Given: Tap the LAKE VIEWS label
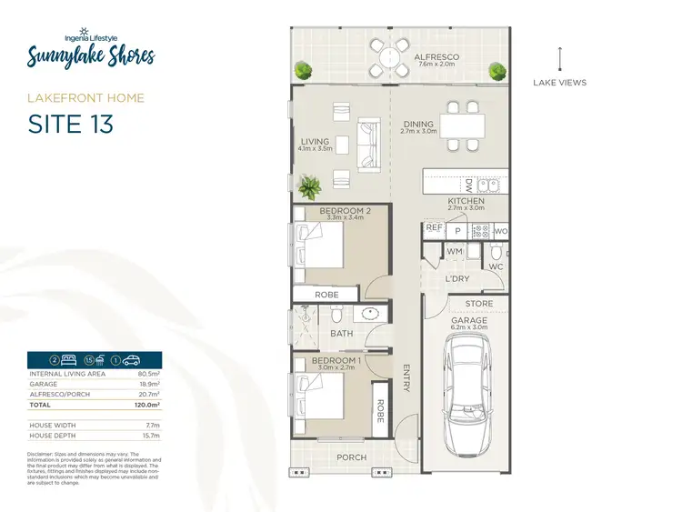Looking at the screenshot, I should pyautogui.click(x=561, y=83).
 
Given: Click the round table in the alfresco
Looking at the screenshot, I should pyautogui.click(x=388, y=57).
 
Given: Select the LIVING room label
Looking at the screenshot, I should pyautogui.click(x=316, y=141).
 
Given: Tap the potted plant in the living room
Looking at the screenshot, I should pyautogui.click(x=310, y=187).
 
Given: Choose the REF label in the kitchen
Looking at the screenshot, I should pyautogui.click(x=434, y=228).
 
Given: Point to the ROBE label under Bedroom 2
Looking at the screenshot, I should pyautogui.click(x=326, y=295).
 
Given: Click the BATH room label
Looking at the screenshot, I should pyautogui.click(x=341, y=334).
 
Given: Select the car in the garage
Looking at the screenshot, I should pyautogui.click(x=469, y=396).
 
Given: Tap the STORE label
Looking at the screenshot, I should pyautogui.click(x=478, y=304).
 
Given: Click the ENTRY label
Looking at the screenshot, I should pyautogui.click(x=406, y=377).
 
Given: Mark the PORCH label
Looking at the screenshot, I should pyautogui.click(x=350, y=457).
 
